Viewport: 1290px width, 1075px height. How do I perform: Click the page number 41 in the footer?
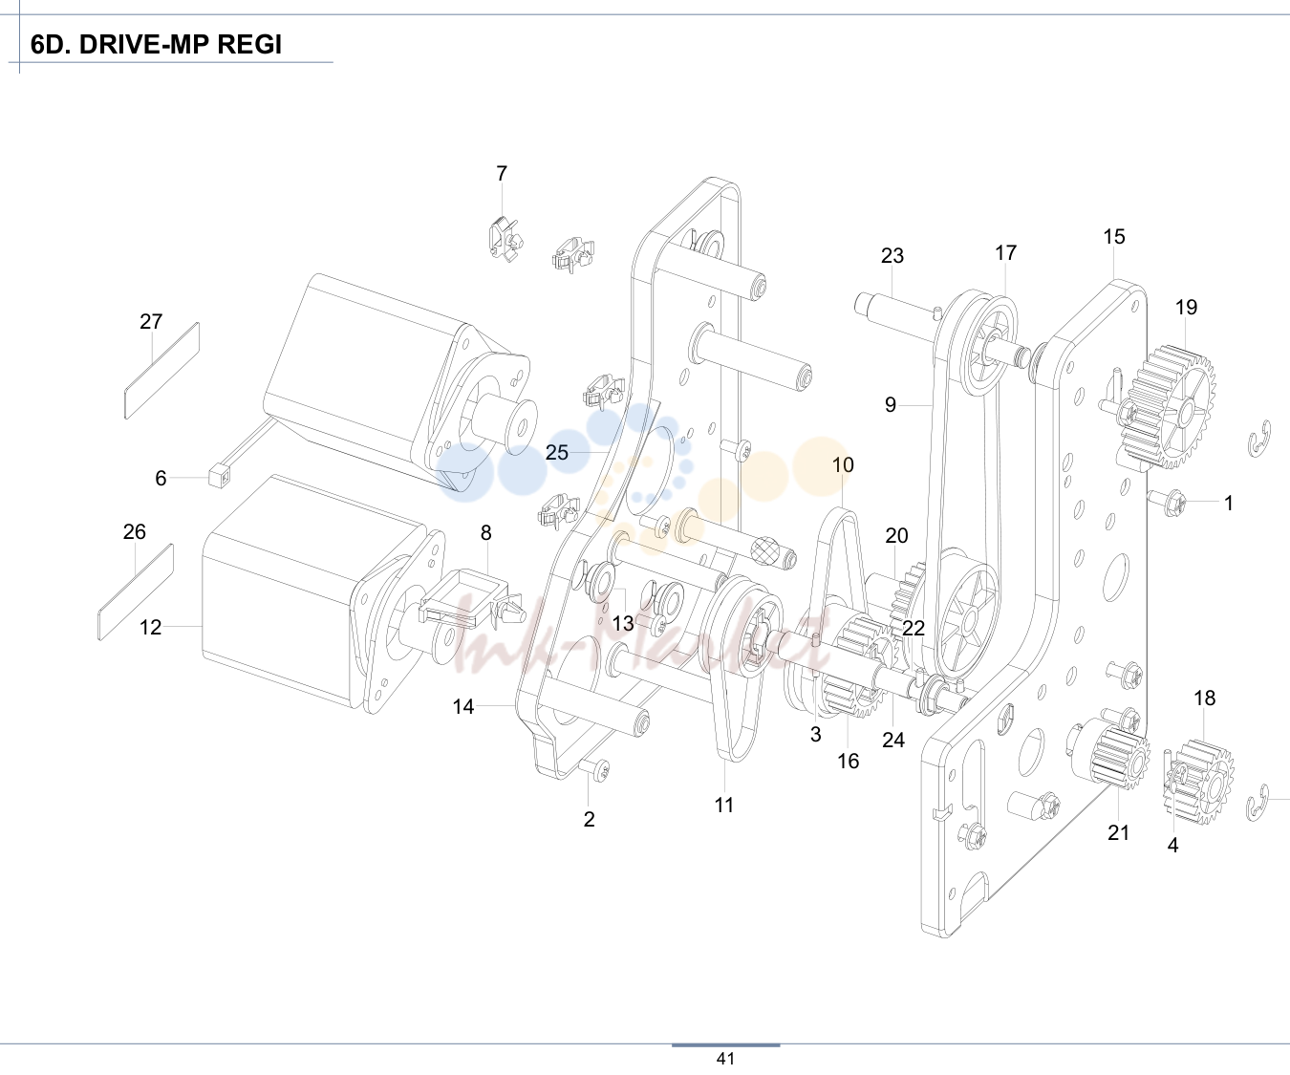(x=725, y=1059)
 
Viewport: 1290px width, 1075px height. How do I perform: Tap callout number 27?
(x=151, y=321)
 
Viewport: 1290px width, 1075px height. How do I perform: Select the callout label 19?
(x=1186, y=307)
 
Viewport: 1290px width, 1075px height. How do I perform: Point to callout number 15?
(x=1114, y=237)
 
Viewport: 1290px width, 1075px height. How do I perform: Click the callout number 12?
(x=150, y=627)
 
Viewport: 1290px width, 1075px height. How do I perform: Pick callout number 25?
(x=557, y=452)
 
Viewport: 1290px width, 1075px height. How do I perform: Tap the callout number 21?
(x=1118, y=833)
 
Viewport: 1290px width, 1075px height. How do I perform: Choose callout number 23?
(x=892, y=255)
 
